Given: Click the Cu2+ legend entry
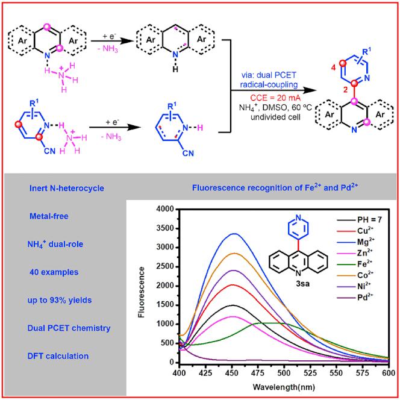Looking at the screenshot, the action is [349, 230].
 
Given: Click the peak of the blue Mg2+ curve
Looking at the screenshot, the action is [272, 234].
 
